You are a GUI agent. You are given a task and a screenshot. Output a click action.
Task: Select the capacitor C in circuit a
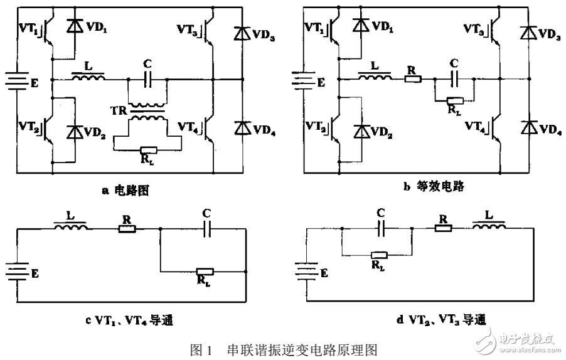click(x=148, y=80)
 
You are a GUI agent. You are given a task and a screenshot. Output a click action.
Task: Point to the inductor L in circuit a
click(x=88, y=78)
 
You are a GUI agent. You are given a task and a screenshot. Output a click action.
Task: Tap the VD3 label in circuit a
click(x=260, y=34)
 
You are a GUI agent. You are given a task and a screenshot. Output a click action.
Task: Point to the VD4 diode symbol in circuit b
click(x=527, y=126)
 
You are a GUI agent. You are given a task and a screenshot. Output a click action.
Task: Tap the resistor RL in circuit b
click(x=454, y=100)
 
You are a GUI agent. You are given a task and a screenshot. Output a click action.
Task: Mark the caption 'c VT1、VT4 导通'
click(x=130, y=321)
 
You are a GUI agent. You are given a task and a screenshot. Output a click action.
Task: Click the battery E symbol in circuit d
click(x=304, y=271)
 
